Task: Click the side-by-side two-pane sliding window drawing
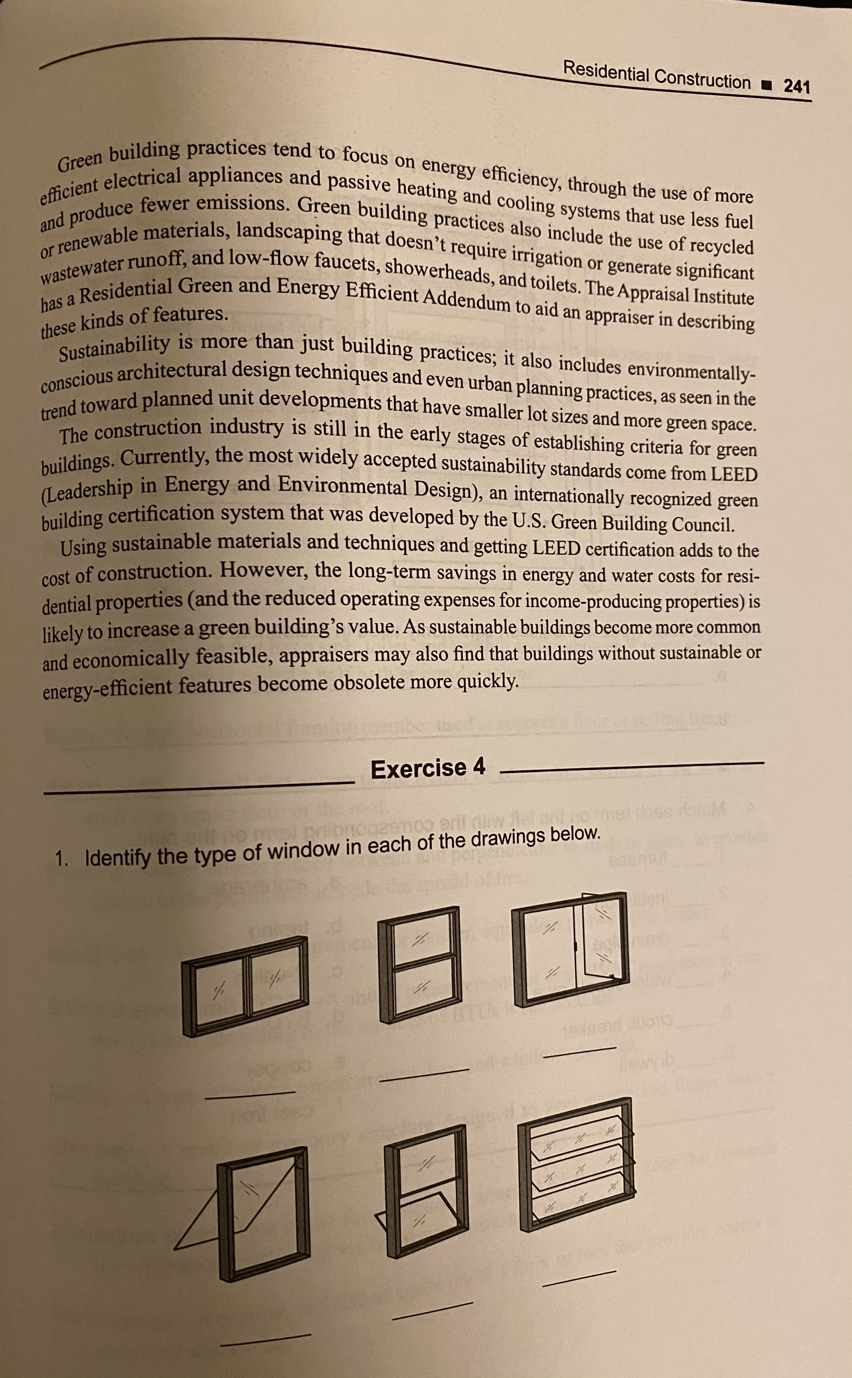pyautogui.click(x=245, y=986)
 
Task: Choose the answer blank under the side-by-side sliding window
pyautogui.click(x=250, y=1094)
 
